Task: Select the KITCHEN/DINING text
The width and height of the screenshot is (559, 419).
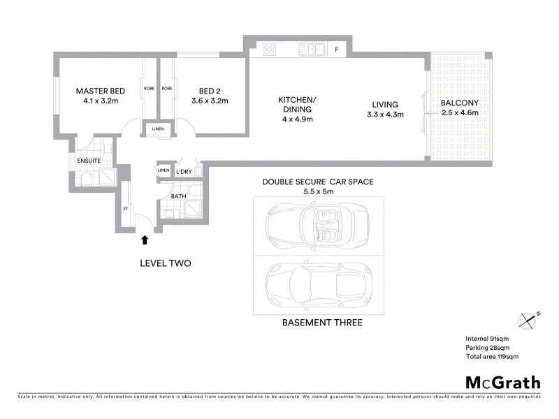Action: [296, 105]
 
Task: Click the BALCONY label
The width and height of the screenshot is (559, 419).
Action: [458, 105]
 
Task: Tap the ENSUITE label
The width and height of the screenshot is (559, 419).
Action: [89, 161]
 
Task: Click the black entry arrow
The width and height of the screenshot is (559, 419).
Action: [145, 240]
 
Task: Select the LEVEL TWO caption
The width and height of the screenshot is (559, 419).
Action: [166, 263]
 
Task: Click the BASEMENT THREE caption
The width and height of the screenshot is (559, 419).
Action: [321, 323]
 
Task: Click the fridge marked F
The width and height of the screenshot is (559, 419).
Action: [335, 50]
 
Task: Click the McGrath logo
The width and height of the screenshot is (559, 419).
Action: [502, 382]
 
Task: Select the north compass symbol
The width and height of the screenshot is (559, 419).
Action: [528, 320]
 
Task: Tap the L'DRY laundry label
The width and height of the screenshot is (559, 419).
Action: [184, 171]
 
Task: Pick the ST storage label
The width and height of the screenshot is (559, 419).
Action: [126, 207]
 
